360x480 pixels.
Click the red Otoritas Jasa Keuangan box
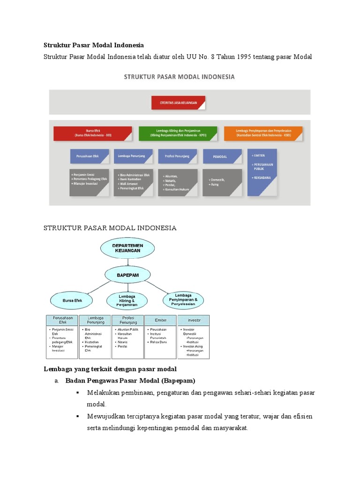[178, 103]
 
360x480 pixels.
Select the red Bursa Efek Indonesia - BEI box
[93, 133]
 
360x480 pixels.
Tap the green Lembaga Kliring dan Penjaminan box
[178, 133]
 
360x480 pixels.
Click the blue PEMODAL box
[222, 156]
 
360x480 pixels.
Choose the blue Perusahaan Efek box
[89, 156]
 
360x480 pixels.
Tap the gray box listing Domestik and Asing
[222, 182]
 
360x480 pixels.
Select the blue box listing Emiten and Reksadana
[262, 172]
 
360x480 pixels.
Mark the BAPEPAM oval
[127, 276]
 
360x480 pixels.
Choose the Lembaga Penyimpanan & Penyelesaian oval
[187, 299]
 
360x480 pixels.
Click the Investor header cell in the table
[193, 320]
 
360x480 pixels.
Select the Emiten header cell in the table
[161, 320]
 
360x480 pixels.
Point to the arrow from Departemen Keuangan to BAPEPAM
[127, 262]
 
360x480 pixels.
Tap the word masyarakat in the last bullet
[230, 428]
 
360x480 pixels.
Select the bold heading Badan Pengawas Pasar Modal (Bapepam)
[130, 380]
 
